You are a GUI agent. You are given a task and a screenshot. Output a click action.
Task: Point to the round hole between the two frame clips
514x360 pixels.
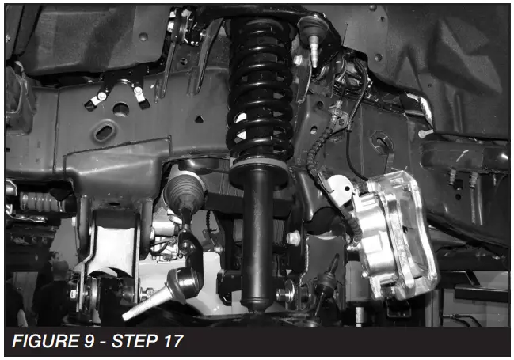tap(120, 108)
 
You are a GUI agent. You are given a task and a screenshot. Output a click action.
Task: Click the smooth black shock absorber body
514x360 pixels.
tap(257, 237)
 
